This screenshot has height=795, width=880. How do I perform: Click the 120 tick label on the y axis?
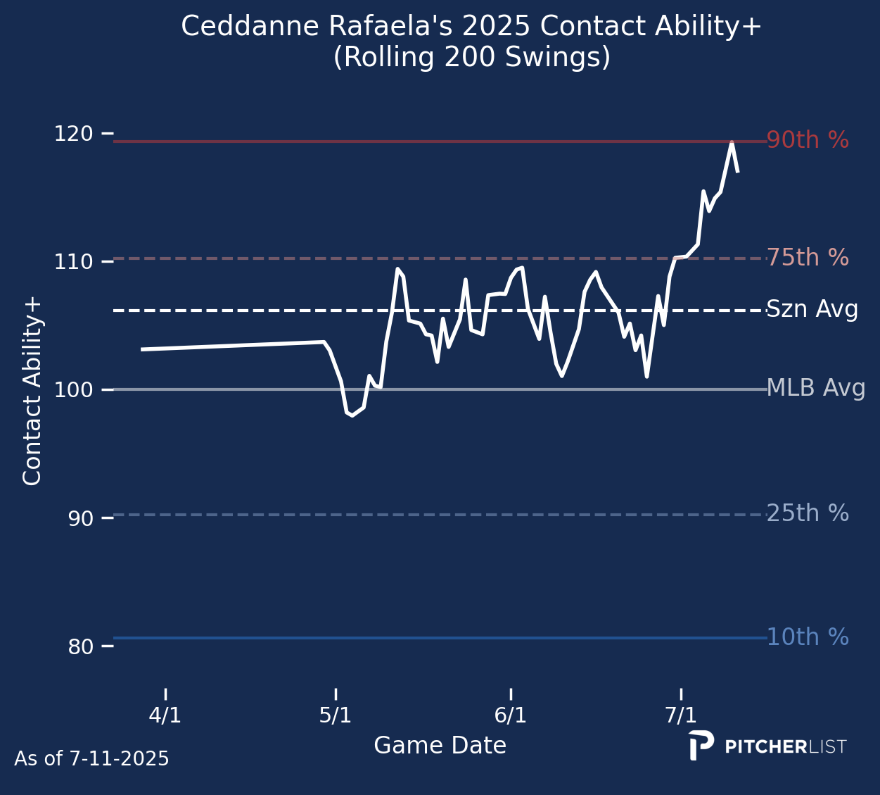[73, 133]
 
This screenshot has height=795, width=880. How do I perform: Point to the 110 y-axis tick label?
[73, 261]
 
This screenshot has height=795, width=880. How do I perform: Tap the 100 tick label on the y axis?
[73, 389]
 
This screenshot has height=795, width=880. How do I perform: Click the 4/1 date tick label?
[165, 715]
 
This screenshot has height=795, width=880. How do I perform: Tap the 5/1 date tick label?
[336, 715]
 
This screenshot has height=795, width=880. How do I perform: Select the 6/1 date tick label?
[511, 715]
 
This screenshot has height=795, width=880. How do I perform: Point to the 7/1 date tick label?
[681, 715]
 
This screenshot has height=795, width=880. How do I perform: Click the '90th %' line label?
[808, 141]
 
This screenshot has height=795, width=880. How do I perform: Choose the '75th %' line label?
[808, 258]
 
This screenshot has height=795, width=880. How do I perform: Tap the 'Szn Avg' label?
[812, 310]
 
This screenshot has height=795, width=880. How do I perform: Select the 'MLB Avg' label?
[815, 389]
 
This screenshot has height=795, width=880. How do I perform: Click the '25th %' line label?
[808, 514]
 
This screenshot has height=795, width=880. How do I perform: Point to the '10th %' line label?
[808, 637]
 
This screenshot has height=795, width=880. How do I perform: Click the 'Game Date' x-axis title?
[440, 746]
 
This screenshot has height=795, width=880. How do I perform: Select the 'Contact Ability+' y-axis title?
[32, 391]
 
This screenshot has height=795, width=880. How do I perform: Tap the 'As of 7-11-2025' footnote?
[91, 759]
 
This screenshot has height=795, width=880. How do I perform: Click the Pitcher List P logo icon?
[701, 745]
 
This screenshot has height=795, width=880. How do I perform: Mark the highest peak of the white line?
[732, 143]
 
